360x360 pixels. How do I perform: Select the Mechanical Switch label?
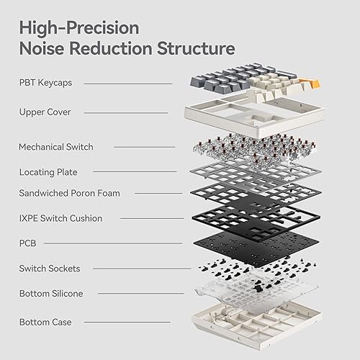pyautogui.click(x=56, y=147)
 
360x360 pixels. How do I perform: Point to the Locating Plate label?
pyautogui.click(x=48, y=172)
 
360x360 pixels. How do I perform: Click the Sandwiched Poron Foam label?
pyautogui.click(x=69, y=193)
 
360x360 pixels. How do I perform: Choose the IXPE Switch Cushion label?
pyautogui.click(x=60, y=218)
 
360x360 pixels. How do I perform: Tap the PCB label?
pyautogui.click(x=27, y=243)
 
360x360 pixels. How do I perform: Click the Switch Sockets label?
pyautogui.click(x=49, y=269)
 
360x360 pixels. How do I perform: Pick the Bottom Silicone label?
pyautogui.click(x=50, y=294)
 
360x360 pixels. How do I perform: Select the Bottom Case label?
pyautogui.click(x=45, y=322)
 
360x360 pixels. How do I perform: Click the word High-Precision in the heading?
pyautogui.click(x=79, y=27)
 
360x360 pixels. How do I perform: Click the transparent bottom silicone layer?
pyautogui.click(x=245, y=295)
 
